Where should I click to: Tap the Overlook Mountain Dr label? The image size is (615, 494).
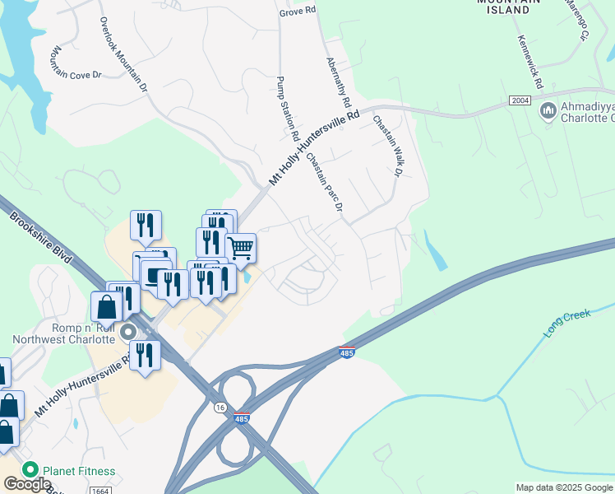tap(123, 54)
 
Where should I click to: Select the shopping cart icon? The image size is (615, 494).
tap(240, 246)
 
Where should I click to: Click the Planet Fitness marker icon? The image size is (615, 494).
tap(30, 471)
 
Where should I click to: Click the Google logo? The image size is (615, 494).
tap(27, 485)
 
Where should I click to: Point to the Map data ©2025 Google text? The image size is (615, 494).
tap(563, 487)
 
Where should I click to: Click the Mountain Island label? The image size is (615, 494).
tap(509, 7)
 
